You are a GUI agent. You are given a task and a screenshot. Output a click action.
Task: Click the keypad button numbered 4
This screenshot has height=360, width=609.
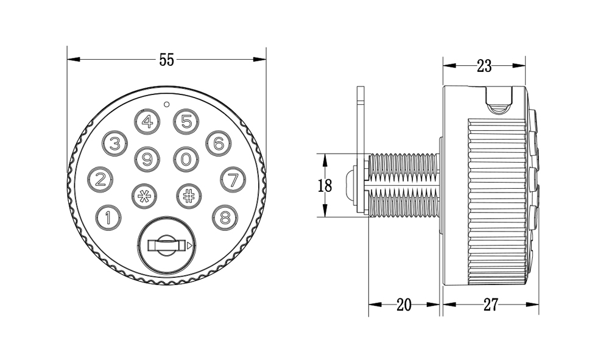147,122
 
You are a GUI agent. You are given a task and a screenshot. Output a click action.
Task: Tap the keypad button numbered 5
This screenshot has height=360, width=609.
186,122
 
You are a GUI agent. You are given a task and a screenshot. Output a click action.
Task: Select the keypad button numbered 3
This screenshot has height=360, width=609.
114,144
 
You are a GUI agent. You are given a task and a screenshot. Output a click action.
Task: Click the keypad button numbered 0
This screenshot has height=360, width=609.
186,160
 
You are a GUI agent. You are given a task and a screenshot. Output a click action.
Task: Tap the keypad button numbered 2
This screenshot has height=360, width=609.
101,180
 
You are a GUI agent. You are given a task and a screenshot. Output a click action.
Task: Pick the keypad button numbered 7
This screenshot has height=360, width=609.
232,180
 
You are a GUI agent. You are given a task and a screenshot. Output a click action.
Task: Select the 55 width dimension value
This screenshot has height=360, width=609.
167,60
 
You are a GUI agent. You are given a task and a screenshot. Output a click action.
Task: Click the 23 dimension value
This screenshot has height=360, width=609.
484,66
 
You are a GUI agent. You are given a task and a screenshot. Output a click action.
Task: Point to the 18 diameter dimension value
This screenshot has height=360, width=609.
325,186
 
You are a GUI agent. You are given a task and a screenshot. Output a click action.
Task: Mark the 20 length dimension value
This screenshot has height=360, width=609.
404,305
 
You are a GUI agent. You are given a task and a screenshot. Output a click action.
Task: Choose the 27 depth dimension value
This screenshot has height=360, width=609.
490,305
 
